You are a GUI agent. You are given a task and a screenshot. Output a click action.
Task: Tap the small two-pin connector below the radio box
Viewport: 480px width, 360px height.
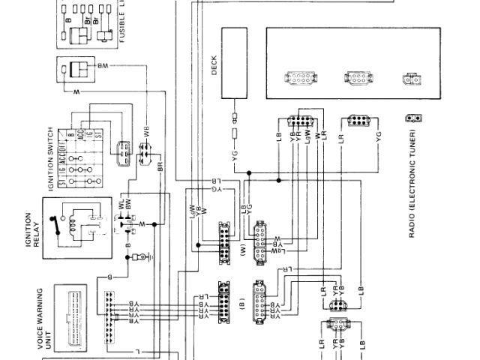[411, 118]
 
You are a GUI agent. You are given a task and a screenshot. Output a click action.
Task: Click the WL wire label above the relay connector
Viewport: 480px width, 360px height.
[121, 203]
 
